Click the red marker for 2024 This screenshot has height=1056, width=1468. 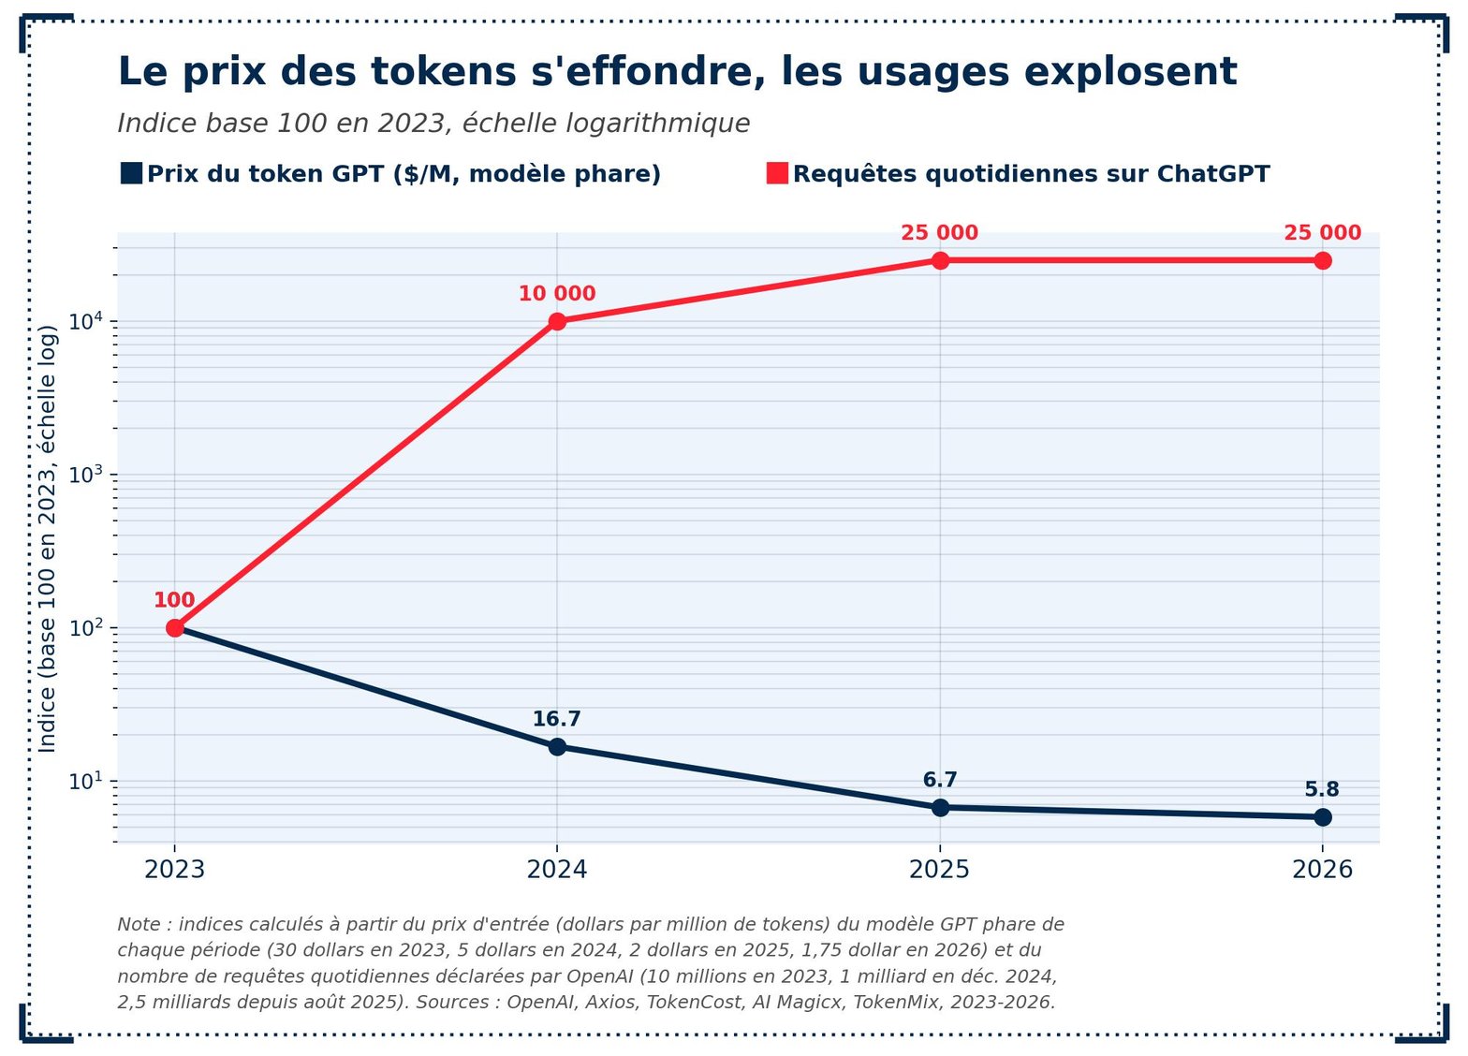pyautogui.click(x=557, y=321)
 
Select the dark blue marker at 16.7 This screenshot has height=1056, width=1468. pyautogui.click(x=557, y=747)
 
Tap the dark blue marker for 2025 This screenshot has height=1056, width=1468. pyautogui.click(x=940, y=808)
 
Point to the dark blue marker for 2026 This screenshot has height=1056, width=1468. pyautogui.click(x=1323, y=817)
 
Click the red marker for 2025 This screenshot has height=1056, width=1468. pyautogui.click(x=940, y=260)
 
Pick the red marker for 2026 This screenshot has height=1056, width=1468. pyautogui.click(x=1323, y=260)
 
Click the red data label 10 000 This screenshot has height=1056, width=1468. pyautogui.click(x=557, y=293)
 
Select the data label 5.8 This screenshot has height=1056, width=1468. pyautogui.click(x=1322, y=789)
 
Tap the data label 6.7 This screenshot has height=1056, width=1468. pyautogui.click(x=940, y=780)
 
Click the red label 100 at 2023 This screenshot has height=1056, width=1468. pyautogui.click(x=174, y=599)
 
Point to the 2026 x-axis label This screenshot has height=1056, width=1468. pyautogui.click(x=1323, y=869)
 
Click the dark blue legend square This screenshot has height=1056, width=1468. pyautogui.click(x=132, y=174)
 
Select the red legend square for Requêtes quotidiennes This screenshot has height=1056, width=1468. pyautogui.click(x=777, y=174)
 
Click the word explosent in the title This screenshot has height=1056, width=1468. pyautogui.click(x=1131, y=71)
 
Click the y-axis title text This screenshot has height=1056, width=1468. pyautogui.click(x=47, y=539)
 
